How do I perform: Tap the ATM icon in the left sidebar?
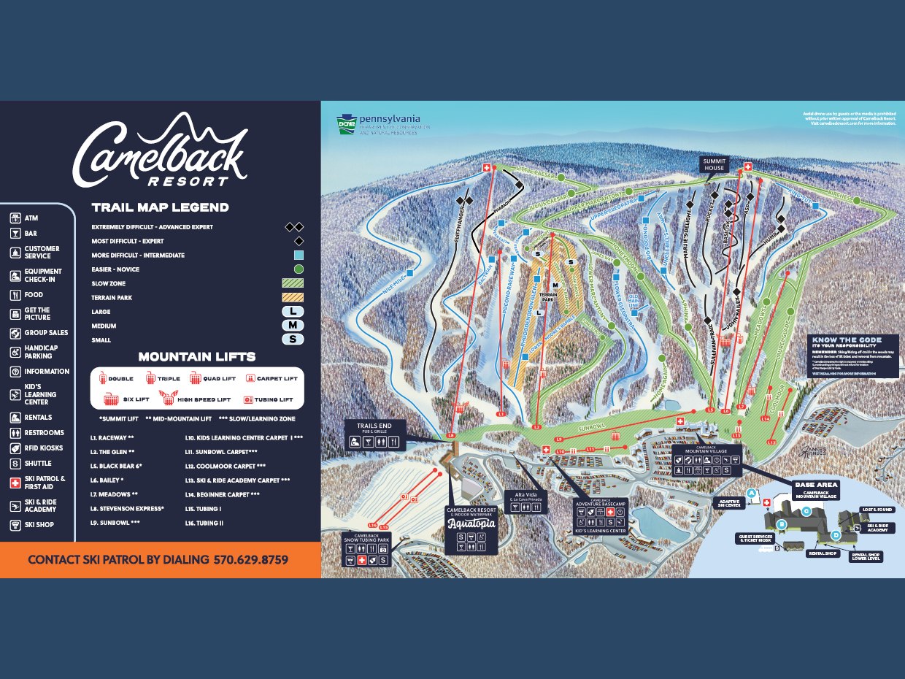15,218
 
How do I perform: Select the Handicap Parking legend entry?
15,352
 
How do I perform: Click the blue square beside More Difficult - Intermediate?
299,256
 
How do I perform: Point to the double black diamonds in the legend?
293,227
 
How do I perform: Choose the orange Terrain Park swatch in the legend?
292,297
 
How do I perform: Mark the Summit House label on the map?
714,164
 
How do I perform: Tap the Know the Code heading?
845,340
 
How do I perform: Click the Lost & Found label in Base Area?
877,509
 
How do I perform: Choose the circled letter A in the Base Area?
751,493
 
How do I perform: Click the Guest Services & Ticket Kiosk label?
755,538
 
